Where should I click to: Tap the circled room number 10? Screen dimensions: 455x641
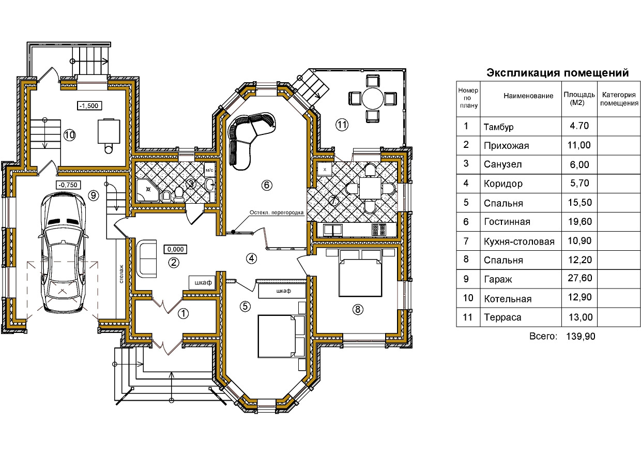pos(70,135)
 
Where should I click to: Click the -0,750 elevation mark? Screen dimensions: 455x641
pos(68,184)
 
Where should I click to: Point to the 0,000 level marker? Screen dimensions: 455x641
pos(175,249)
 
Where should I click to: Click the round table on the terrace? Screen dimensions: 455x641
pos(372,98)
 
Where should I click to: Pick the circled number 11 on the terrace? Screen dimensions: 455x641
pos(341,124)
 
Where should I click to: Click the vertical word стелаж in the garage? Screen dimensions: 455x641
pos(121,274)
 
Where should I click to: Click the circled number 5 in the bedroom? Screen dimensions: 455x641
pos(245,306)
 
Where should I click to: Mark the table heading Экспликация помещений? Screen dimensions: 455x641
pos(557,73)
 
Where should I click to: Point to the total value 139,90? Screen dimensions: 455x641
pos(581,336)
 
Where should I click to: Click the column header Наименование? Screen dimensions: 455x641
pos(528,96)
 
